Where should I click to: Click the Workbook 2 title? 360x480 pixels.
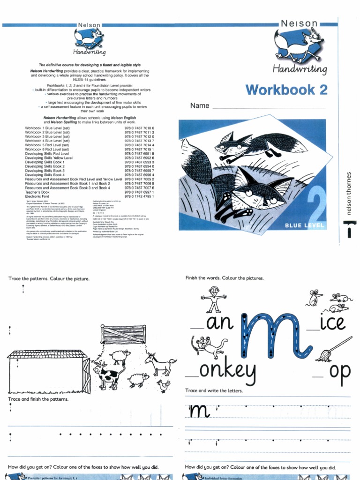286,90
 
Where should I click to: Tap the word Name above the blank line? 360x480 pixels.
200,106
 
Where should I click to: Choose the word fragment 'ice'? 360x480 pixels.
332,323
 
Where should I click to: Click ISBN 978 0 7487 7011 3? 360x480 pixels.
139,133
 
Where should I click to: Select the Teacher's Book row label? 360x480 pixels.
37,192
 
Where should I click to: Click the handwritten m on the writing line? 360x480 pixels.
199,411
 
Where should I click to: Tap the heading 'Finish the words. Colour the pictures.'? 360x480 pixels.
225,278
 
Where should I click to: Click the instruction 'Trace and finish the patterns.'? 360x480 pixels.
38,399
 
